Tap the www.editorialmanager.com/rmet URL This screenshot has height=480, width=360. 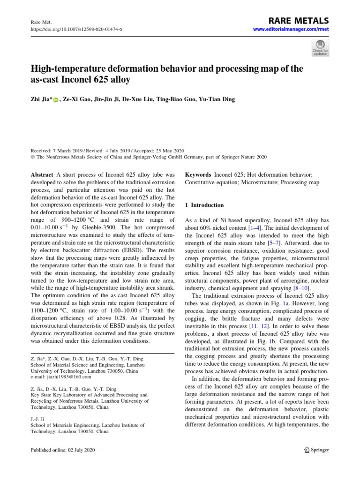(291, 30)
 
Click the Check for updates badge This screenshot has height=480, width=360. (320, 47)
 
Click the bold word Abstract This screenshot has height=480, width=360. (43, 174)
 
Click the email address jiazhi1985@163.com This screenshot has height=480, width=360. (66, 376)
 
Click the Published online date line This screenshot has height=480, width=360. (62, 450)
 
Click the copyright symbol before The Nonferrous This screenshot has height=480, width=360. (32, 157)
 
